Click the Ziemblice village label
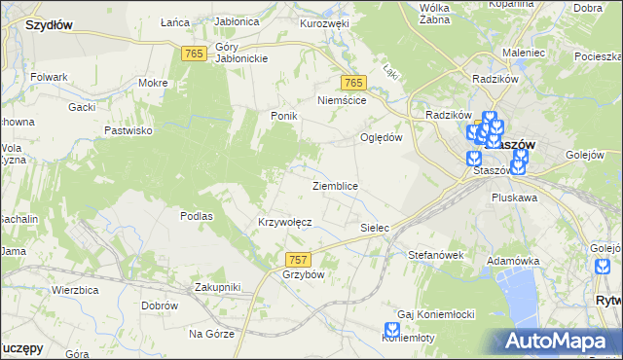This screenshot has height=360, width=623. (335, 186)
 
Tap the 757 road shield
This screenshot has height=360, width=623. (299, 260)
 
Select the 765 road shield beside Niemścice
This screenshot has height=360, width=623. (353, 84)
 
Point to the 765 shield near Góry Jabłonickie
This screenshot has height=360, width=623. (193, 54)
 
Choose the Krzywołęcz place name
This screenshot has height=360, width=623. (284, 222)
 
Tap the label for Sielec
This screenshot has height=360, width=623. (375, 229)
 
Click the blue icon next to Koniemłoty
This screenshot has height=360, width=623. (391, 331)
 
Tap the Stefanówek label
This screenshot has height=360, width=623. (434, 255)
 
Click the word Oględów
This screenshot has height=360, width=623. (382, 137)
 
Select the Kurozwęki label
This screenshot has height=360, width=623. (324, 23)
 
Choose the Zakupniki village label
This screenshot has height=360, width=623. (217, 287)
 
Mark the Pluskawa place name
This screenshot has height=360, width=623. (517, 198)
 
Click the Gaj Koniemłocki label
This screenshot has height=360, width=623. (435, 314)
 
